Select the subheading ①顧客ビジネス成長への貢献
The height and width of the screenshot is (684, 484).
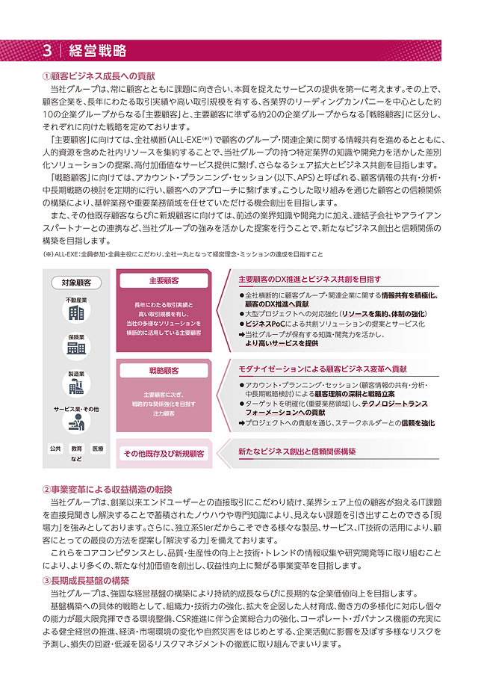pyautogui.click(x=99, y=76)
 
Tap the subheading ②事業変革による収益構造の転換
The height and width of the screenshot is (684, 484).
pyautogui.click(x=108, y=489)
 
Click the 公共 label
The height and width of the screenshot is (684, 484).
pyautogui.click(x=55, y=449)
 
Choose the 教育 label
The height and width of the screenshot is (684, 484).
pyautogui.click(x=76, y=449)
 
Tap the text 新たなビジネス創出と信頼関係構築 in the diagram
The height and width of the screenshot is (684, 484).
pyautogui.click(x=297, y=452)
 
